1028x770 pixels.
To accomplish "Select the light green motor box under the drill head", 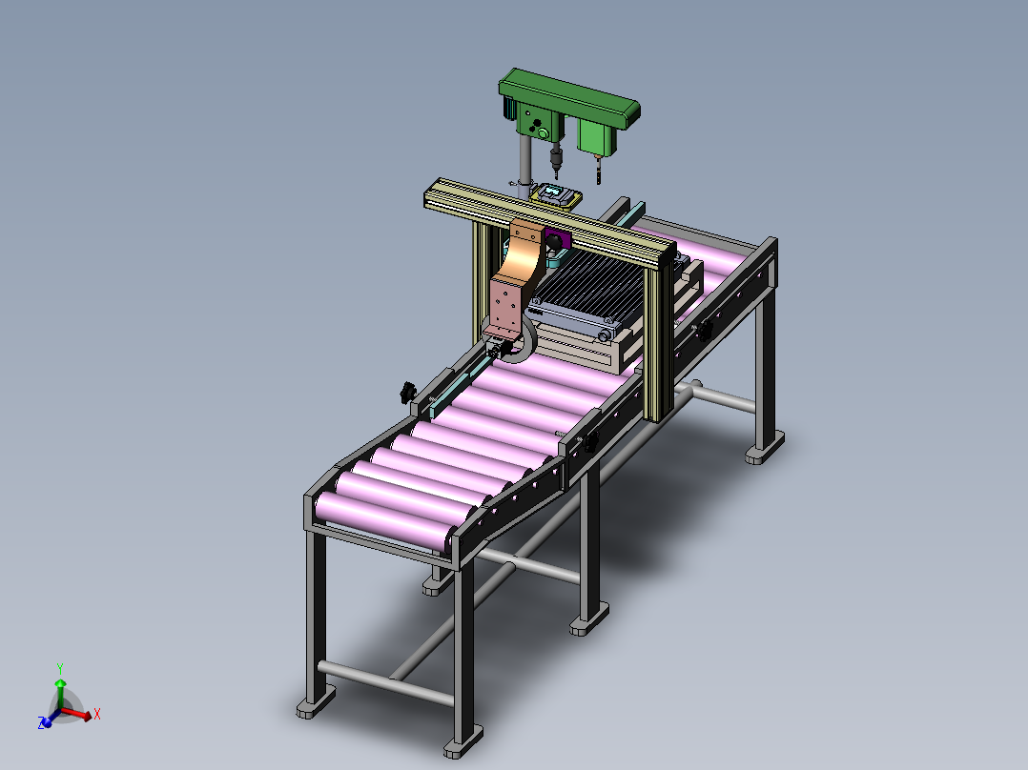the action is [x=598, y=137].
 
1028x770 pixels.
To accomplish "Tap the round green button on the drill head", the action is [x=543, y=133].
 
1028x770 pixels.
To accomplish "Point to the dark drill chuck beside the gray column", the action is [x=556, y=157].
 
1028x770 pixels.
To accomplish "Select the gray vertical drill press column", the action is [x=524, y=165].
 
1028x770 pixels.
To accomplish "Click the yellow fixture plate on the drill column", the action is [x=556, y=196].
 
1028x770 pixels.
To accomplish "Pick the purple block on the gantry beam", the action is [x=557, y=240].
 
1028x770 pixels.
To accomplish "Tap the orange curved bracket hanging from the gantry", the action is [x=517, y=275].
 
